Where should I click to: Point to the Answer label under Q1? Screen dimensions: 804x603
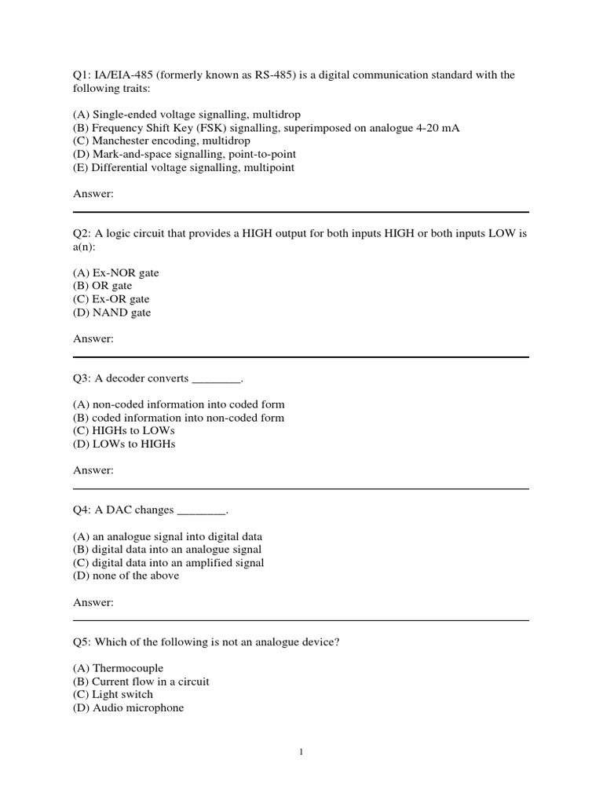point(93,194)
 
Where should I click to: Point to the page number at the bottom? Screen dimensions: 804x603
point(301,752)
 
